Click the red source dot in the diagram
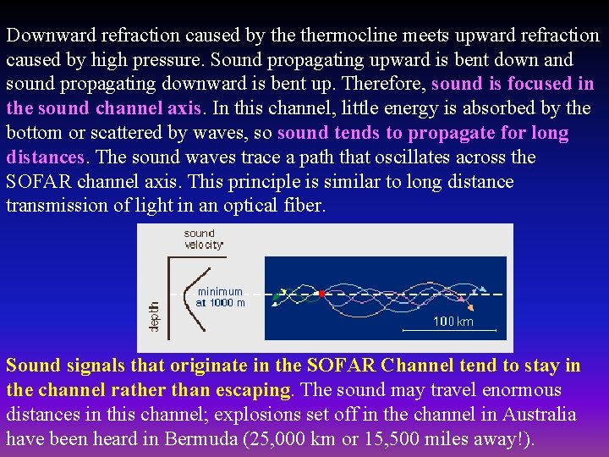pos(321,294)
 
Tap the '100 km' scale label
pos(453,322)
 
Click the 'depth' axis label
pos(154,316)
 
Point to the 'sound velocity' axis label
pos(204,239)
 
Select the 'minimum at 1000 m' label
pos(220,297)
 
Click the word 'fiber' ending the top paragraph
pos(304,206)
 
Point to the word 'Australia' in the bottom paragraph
pos(539,415)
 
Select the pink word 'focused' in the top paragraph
pos(533,85)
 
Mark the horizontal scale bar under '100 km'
pos(448,330)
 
